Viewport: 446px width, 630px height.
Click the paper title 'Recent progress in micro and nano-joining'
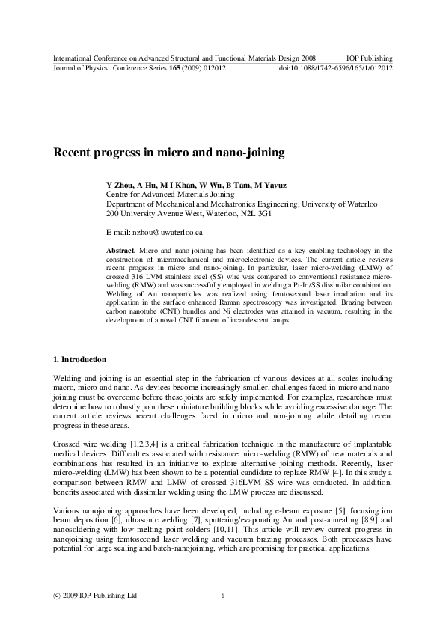tap(168, 153)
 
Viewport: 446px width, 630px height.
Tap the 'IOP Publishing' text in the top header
tap(370, 58)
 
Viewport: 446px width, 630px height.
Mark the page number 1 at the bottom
tap(223, 596)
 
